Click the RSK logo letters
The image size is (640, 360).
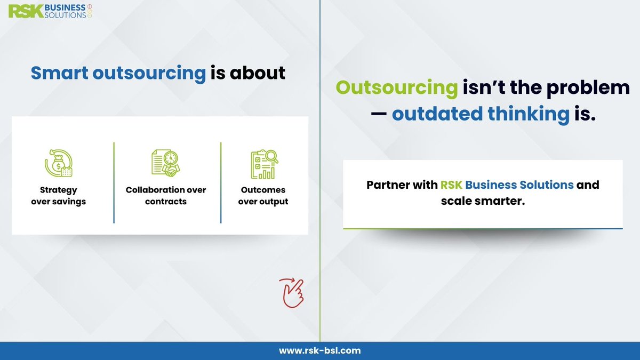pyautogui.click(x=24, y=11)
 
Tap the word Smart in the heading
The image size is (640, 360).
pyautogui.click(x=59, y=73)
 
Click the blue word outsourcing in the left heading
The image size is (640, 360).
pyautogui.click(x=149, y=73)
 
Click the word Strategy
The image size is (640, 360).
pyautogui.click(x=58, y=190)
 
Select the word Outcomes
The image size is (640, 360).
pyautogui.click(x=263, y=190)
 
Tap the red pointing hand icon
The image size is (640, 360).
pyautogui.click(x=291, y=293)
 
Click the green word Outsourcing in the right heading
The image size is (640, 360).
pyautogui.click(x=397, y=87)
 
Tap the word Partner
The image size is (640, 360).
pyautogui.click(x=387, y=186)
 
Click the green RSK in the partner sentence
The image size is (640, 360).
pyautogui.click(x=451, y=186)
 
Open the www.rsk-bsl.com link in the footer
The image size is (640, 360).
pyautogui.click(x=320, y=350)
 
